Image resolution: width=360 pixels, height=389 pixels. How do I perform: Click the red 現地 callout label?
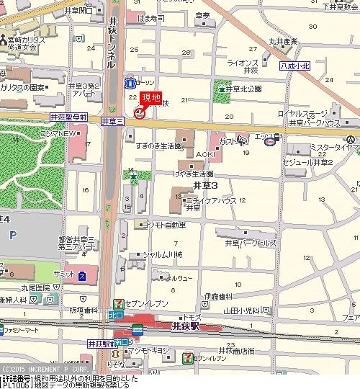click(x=150, y=98)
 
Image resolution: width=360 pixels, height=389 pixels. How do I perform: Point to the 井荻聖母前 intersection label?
click(x=68, y=117)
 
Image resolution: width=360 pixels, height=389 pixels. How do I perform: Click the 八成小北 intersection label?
click(x=295, y=66)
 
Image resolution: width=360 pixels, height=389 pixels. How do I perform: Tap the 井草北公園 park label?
click(x=243, y=89)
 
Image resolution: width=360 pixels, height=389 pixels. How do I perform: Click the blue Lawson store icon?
click(x=130, y=81)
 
